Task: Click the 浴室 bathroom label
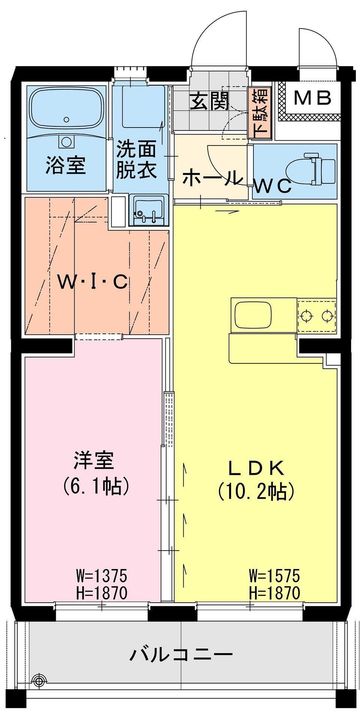click(66, 165)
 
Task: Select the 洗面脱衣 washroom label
click(137, 159)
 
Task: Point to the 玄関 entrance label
click(210, 100)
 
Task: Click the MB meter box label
click(315, 98)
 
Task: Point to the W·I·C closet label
click(92, 281)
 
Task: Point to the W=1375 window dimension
click(99, 576)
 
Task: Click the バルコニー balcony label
click(181, 655)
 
